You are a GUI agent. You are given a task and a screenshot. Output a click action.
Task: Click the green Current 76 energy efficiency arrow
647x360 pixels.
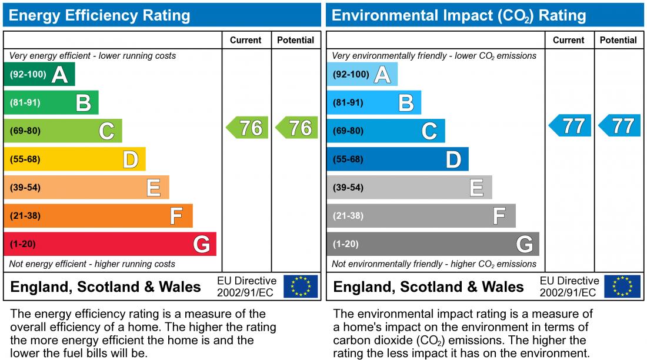click(248, 128)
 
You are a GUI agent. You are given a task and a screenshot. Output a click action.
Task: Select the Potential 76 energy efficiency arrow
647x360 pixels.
click(297, 128)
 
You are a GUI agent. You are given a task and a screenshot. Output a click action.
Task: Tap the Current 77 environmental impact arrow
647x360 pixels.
click(571, 125)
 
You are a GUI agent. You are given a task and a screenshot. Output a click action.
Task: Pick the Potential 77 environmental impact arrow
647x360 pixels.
click(620, 125)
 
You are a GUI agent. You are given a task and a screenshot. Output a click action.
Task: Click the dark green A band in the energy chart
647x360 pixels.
click(39, 75)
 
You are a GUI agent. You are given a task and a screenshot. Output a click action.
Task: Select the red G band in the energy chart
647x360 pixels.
click(110, 244)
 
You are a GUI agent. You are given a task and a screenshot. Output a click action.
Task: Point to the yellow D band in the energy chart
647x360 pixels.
click(75, 159)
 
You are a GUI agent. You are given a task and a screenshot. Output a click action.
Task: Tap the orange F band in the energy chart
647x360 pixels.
click(98, 216)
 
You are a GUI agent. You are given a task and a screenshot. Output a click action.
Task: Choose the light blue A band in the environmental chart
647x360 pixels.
click(362, 75)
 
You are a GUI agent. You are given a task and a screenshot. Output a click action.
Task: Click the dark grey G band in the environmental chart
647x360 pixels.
click(433, 244)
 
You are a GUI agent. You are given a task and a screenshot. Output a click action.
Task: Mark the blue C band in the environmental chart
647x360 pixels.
click(386, 131)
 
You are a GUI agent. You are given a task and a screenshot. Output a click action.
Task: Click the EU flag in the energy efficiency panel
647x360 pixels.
click(301, 286)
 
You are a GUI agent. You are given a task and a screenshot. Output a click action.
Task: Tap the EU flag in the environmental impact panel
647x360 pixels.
click(623, 286)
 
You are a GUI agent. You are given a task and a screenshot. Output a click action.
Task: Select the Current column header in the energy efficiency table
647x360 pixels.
click(246, 40)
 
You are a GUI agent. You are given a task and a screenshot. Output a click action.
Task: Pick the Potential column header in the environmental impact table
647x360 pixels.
click(618, 40)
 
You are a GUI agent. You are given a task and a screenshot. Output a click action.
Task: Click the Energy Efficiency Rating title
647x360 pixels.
click(100, 15)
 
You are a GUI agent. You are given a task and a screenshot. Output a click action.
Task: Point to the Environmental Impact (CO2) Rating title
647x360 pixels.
click(459, 15)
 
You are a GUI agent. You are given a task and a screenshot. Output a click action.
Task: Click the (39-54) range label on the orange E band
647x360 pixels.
click(25, 188)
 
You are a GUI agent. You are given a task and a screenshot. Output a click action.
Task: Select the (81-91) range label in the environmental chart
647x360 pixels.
click(348, 103)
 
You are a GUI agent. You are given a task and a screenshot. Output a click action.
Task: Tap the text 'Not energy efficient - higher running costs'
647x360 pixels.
click(92, 264)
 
